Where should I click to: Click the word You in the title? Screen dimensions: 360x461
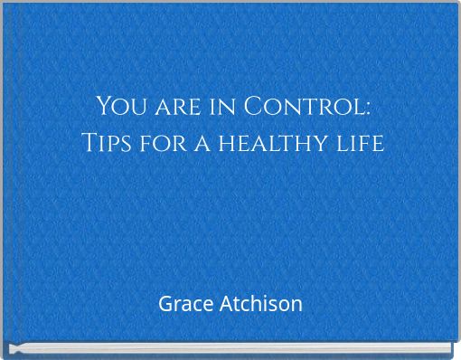click(x=118, y=107)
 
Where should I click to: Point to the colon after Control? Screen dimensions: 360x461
click(x=368, y=109)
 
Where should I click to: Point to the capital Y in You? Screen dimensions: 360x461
click(x=102, y=107)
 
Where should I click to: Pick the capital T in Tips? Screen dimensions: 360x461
click(x=89, y=143)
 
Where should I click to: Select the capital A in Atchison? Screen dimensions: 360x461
click(x=226, y=304)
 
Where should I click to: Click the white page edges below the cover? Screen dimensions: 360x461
click(x=230, y=348)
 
